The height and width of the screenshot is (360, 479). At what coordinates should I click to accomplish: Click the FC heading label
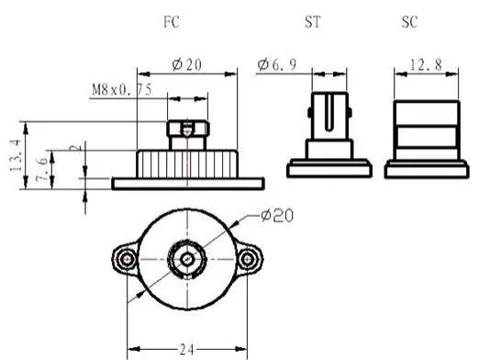point(172,22)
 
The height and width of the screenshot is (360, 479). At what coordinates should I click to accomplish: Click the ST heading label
point(313,22)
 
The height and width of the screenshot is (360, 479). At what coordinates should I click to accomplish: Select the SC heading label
point(409,22)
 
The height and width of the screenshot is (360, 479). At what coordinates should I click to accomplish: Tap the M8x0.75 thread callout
point(122,90)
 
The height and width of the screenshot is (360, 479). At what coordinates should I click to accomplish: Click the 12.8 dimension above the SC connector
point(426,65)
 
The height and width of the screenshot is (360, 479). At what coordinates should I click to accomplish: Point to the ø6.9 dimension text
point(277,64)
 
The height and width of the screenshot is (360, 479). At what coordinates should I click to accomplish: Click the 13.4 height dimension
point(16,155)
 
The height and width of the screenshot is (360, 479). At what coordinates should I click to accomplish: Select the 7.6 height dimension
point(42,169)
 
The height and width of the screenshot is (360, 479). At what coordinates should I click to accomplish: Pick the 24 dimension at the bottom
point(186,349)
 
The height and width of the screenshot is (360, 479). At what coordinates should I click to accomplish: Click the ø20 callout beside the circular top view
point(277,216)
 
